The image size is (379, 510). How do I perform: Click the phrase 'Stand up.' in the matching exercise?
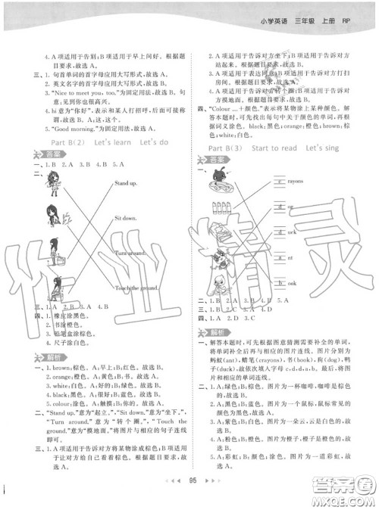[x=126, y=184]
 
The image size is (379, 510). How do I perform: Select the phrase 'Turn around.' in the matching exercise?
[x=130, y=252]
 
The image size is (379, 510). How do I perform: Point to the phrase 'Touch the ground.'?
[x=136, y=288]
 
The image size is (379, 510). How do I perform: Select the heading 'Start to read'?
[x=274, y=148]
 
